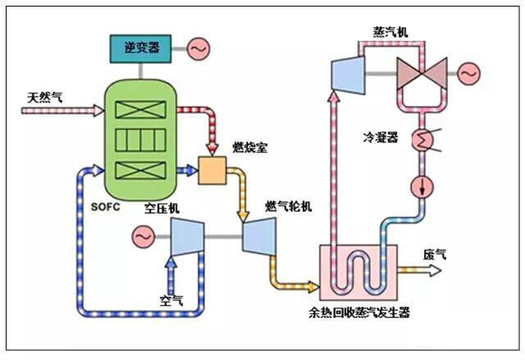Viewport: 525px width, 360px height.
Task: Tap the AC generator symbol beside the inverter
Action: pyautogui.click(x=199, y=50)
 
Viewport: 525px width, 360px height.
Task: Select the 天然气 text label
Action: pyautogui.click(x=45, y=98)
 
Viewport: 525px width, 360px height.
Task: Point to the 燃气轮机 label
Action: pyautogui.click(x=288, y=205)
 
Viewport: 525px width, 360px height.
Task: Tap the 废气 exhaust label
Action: pyautogui.click(x=435, y=254)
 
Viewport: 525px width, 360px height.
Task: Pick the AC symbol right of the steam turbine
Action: pyautogui.click(x=469, y=75)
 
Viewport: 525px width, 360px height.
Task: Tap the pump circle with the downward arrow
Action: pyautogui.click(x=422, y=185)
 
